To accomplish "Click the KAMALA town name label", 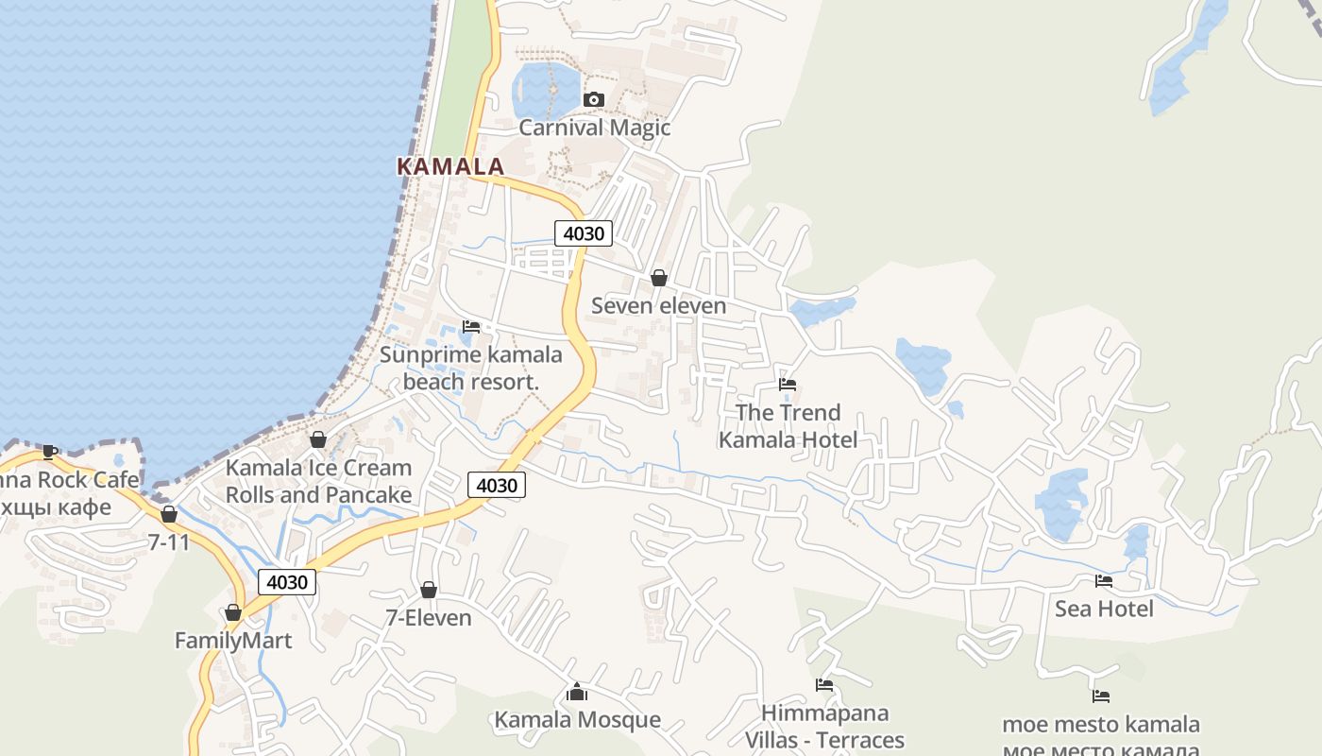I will click(450, 166).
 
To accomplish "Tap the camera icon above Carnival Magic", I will click(594, 99).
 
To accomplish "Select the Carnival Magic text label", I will click(594, 128).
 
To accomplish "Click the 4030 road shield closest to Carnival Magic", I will click(584, 233).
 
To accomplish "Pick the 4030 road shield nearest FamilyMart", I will click(287, 582).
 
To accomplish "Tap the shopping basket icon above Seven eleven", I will click(659, 278).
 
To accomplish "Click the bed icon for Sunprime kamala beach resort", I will click(471, 327).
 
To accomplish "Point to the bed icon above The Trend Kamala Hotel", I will click(788, 384).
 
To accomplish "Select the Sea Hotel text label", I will click(1104, 609).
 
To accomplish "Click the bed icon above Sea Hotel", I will click(1104, 580).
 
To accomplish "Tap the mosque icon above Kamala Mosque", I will click(577, 692).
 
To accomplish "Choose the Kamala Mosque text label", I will click(577, 720).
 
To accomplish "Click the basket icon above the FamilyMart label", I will click(233, 612).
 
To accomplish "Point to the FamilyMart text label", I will click(233, 641).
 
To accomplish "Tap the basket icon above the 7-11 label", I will click(169, 514).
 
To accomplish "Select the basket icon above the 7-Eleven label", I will click(429, 590).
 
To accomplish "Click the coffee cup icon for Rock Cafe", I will click(49, 451).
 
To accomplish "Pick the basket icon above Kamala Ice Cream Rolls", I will click(318, 439).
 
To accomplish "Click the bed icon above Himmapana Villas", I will click(824, 684).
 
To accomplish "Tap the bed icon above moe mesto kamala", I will click(1101, 696).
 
